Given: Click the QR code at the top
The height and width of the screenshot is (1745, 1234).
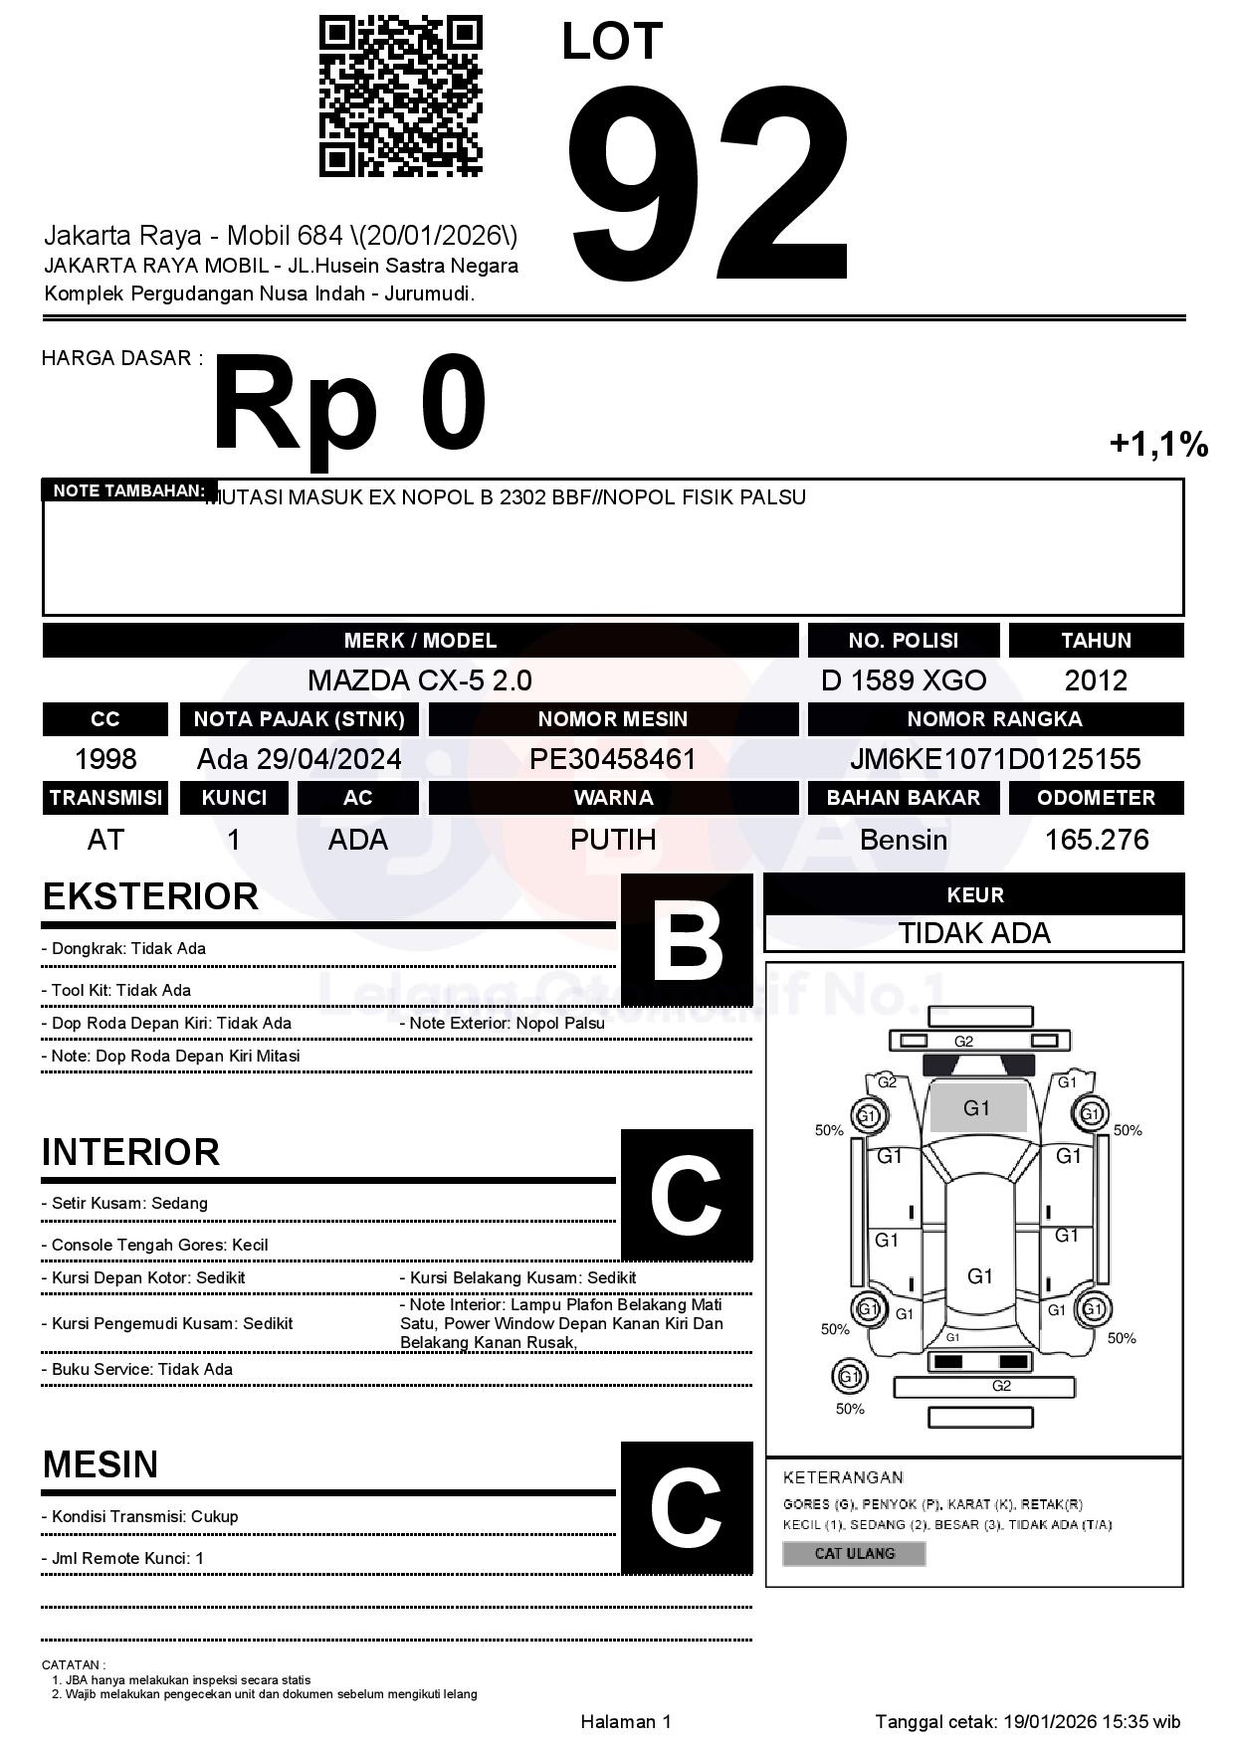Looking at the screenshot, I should (x=400, y=96).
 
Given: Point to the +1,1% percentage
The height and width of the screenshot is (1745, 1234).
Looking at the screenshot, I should (x=1158, y=444).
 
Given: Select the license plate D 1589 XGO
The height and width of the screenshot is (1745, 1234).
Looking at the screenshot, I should (x=904, y=680).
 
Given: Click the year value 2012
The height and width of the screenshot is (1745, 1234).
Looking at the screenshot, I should (x=1096, y=680).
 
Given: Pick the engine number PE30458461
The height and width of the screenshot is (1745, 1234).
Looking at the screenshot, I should (x=613, y=759).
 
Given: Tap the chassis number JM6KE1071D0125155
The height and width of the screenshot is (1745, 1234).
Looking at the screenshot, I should (x=995, y=759).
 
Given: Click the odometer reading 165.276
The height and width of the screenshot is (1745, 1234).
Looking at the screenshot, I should (x=1096, y=840).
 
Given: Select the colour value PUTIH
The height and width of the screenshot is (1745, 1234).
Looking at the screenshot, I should (x=613, y=840).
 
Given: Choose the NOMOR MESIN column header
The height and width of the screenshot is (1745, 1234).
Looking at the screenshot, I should (x=613, y=719).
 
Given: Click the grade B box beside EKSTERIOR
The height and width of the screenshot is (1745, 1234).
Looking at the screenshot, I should (x=687, y=939).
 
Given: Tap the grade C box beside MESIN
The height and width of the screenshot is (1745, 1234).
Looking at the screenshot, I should (x=687, y=1507).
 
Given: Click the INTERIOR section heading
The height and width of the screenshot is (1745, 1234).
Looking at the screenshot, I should (x=130, y=1152).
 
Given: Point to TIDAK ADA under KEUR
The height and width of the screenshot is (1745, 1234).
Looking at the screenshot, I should (x=974, y=933).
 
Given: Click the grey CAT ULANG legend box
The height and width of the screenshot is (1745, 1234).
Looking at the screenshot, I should (x=854, y=1553).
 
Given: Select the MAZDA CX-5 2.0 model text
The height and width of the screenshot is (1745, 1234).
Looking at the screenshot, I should (x=420, y=680).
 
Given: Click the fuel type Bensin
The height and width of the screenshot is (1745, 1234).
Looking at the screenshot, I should (x=904, y=840).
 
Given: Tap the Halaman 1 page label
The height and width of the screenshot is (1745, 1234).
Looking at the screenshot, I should (x=626, y=1721).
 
